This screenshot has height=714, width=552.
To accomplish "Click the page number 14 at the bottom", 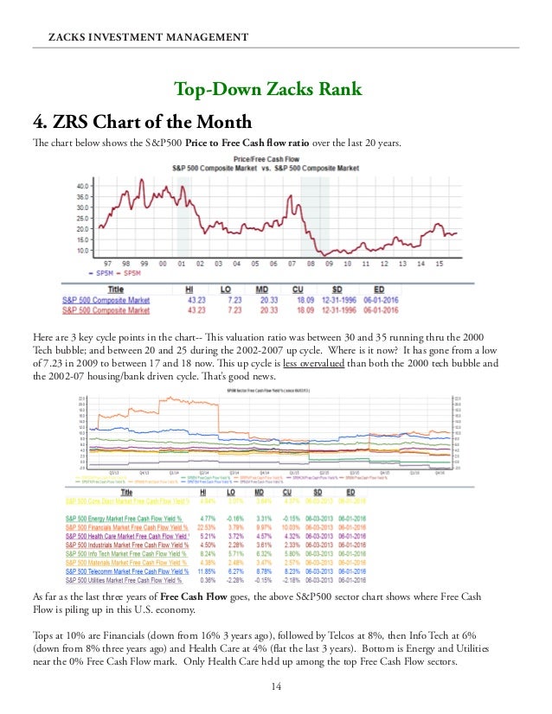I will pos(276,687).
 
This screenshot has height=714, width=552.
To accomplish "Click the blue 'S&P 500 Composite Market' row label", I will pos(106,300).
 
